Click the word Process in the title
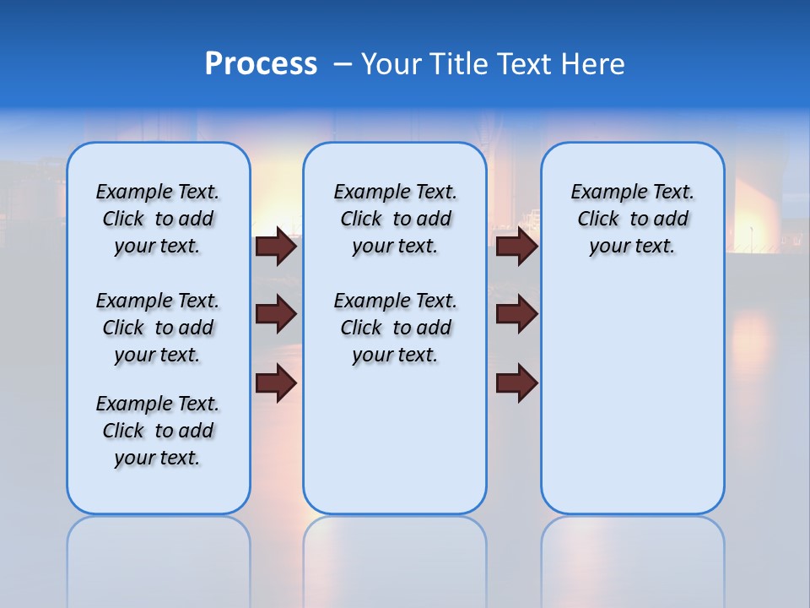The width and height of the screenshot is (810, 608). coord(261,63)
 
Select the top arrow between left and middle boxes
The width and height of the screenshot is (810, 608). coord(275,247)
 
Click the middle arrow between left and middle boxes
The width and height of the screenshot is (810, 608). coord(275,314)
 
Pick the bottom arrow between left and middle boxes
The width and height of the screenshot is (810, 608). coord(275,383)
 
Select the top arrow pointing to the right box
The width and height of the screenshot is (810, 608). coord(516,247)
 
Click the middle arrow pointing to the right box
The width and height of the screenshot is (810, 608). coord(516,314)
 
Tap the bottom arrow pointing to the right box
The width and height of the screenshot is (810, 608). coord(516,383)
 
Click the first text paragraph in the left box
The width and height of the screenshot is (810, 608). coord(158,219)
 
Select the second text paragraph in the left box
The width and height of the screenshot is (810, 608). coord(158,328)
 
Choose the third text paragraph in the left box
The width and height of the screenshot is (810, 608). coord(158,431)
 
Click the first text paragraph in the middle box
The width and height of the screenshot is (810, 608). coord(395,219)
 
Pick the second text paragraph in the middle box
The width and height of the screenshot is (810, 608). coord(395,328)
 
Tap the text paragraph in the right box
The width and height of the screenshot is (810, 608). coord(632,219)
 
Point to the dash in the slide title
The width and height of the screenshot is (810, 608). coord(343,64)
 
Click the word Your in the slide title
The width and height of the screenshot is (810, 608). coord(391,64)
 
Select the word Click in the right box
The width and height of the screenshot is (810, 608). coord(598,220)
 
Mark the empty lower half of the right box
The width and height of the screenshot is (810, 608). coord(632,405)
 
